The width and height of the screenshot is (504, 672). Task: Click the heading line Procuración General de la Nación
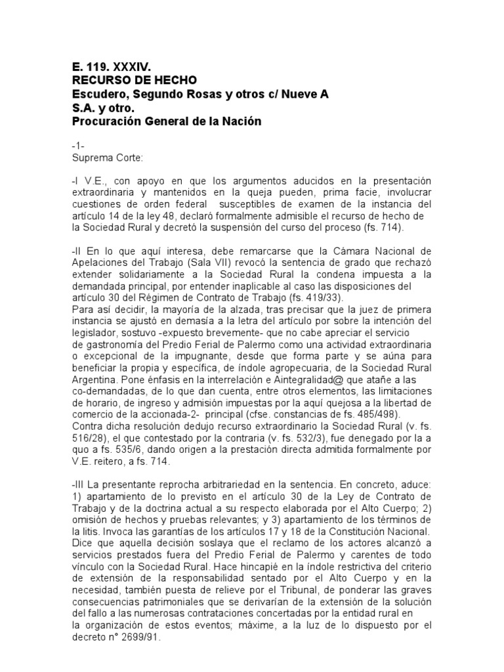click(157, 121)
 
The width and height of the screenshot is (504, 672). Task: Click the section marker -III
click(80, 482)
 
